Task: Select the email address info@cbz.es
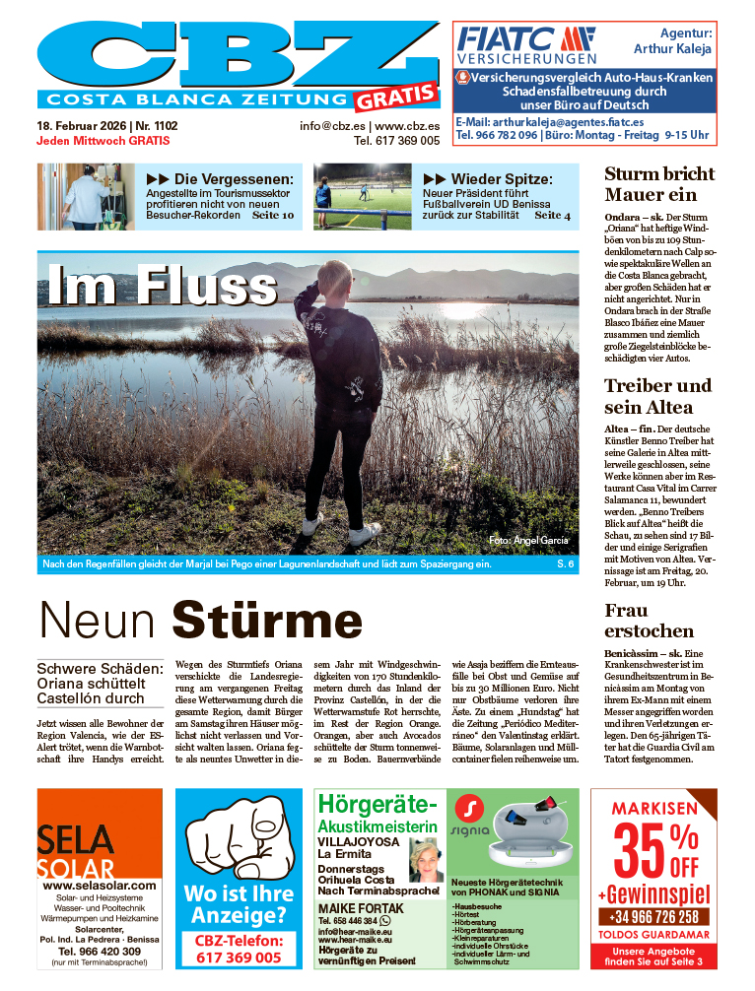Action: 334,126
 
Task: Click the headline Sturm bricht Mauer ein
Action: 658,184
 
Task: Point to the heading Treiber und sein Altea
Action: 657,396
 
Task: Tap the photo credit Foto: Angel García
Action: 528,541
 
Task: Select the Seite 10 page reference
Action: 273,214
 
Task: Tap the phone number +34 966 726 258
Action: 652,917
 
